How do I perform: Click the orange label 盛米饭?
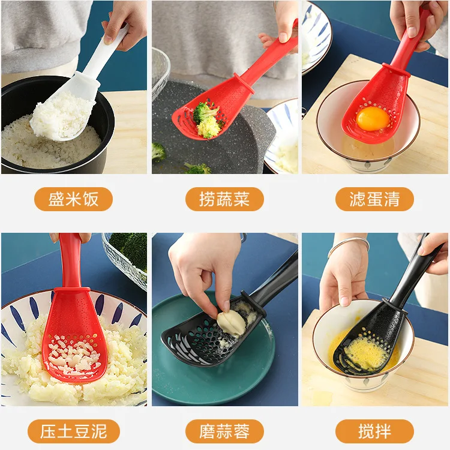pos(73,199)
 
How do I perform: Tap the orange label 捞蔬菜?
pos(224,199)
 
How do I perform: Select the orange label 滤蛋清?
pos(374,199)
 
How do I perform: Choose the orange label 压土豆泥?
pos(73,431)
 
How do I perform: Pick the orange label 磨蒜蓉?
pos(224,431)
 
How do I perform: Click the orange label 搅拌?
pos(374,431)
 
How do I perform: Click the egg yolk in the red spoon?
pos(373,118)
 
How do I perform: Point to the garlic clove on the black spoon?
pos(230,322)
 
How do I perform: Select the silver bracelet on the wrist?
pos(349,244)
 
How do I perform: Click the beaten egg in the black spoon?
pos(365,354)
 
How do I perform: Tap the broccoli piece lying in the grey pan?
pos(158,151)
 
